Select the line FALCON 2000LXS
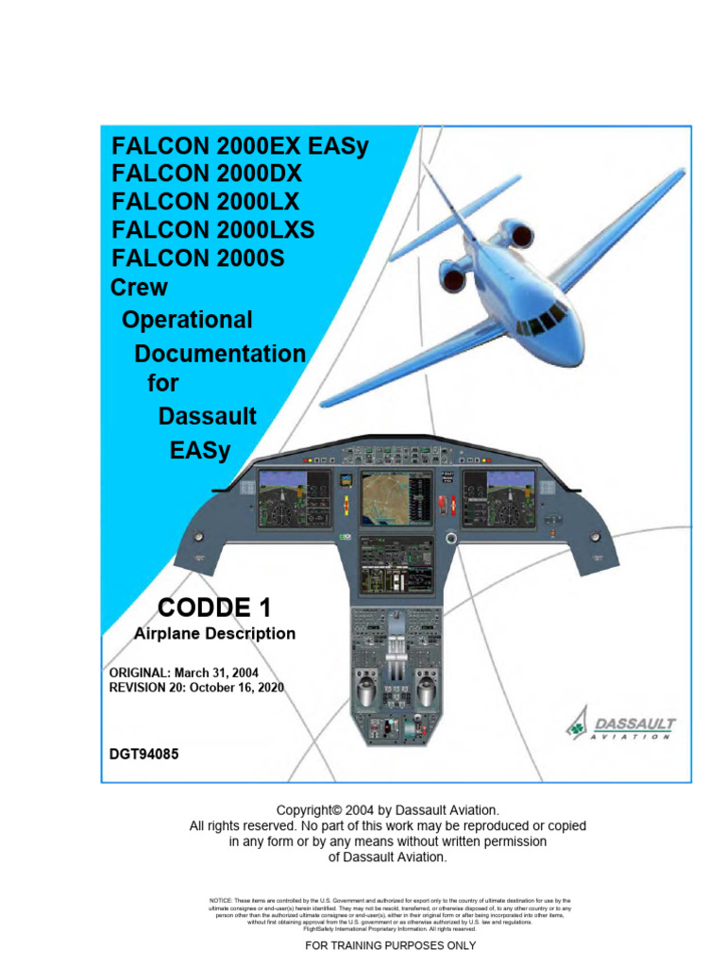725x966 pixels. click(x=213, y=229)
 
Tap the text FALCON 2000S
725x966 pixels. click(x=199, y=257)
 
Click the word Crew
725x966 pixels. click(x=140, y=287)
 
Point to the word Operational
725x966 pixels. click(x=188, y=320)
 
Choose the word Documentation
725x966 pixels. click(x=220, y=354)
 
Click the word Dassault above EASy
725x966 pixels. click(x=208, y=416)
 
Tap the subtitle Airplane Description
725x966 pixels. click(x=215, y=634)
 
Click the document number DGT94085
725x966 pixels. click(x=144, y=754)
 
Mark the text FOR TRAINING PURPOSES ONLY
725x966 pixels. click(x=390, y=945)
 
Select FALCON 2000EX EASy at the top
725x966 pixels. click(x=240, y=146)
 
